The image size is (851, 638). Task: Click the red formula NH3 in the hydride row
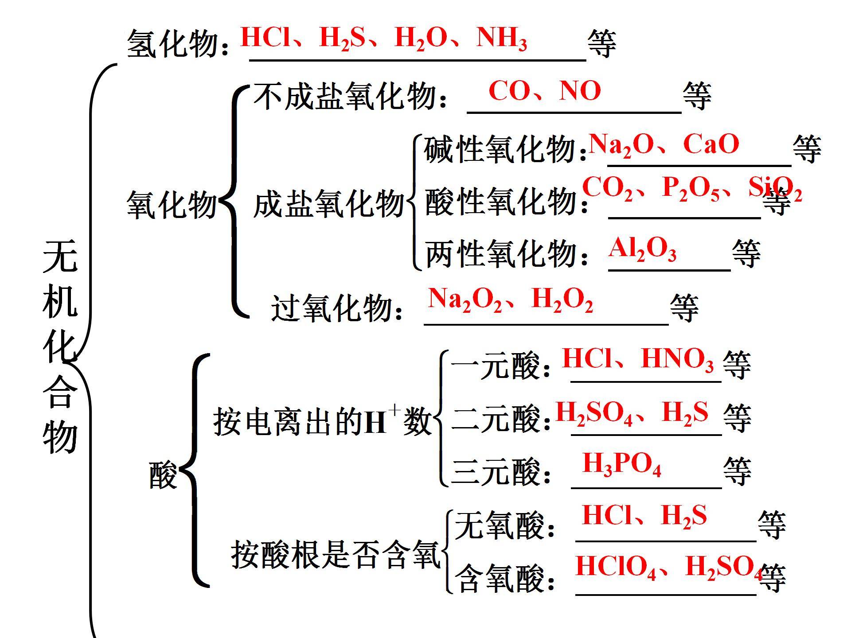point(501,39)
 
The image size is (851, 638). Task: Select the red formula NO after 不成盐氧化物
point(580,91)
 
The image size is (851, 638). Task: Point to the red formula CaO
point(711,144)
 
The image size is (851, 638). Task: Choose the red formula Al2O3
point(642,249)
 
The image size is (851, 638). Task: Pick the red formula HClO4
point(615,568)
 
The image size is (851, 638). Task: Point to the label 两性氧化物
point(501,254)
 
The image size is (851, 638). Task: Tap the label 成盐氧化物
point(328,204)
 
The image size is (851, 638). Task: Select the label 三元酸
point(496,471)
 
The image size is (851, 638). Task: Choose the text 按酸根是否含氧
point(336,555)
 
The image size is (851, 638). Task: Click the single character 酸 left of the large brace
point(163,475)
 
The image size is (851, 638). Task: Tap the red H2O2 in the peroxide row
point(562,300)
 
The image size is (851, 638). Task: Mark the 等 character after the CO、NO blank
point(697,95)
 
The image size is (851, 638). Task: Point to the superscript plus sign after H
point(394,411)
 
